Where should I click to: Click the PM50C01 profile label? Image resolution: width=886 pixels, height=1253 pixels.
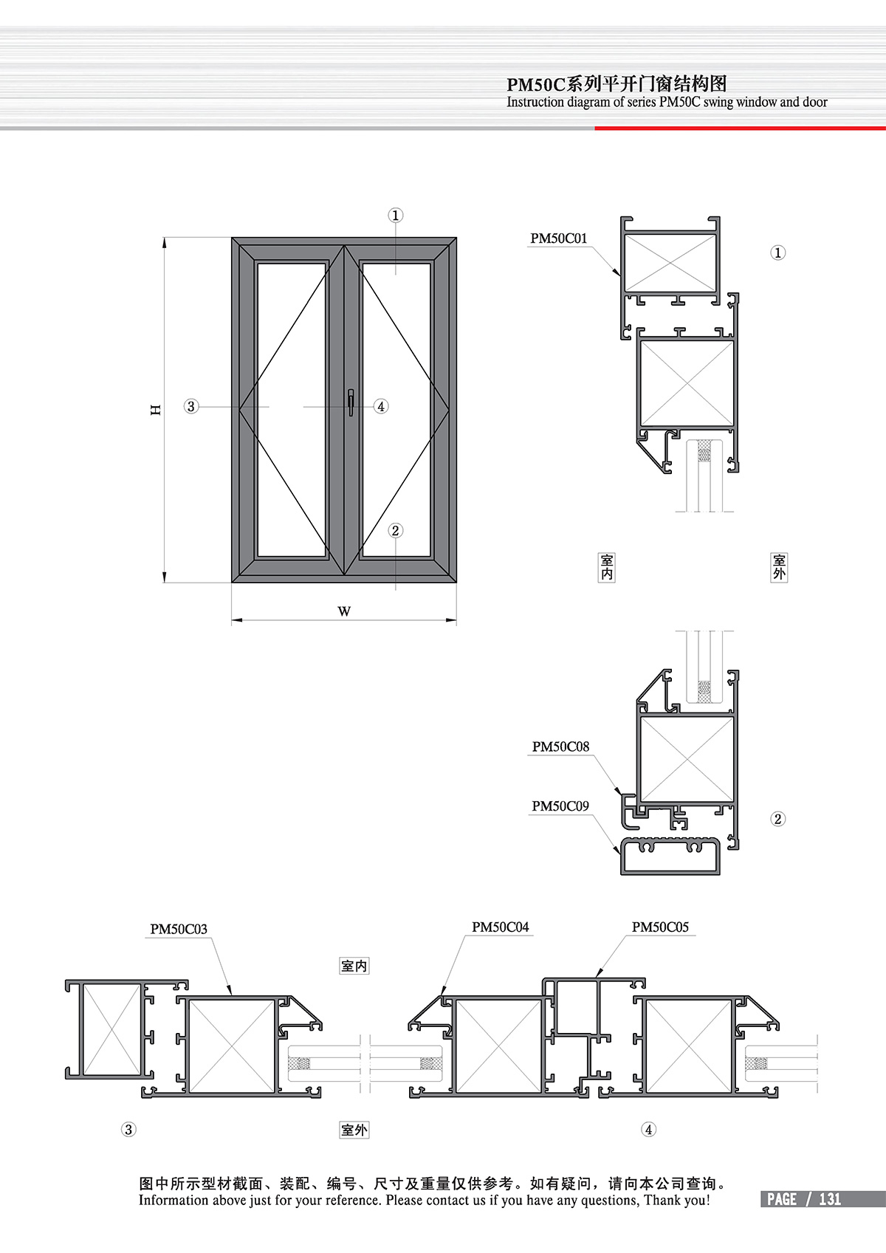coord(559,238)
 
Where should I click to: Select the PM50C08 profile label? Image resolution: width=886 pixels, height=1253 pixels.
coord(560,746)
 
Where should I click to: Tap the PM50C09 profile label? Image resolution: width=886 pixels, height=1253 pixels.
coord(560,806)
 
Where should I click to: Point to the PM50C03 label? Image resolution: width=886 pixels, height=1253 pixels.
coord(179,929)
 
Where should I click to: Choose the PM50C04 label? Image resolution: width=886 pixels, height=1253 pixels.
coord(500,927)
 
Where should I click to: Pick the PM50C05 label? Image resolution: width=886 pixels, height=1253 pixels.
coord(660,927)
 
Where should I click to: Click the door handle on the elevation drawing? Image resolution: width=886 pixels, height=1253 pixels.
coord(351,402)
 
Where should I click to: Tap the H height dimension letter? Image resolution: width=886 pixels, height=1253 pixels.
coord(156,410)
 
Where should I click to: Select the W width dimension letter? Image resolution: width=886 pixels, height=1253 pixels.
coord(344,611)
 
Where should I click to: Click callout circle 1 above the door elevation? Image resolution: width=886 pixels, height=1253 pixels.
coord(396,216)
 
